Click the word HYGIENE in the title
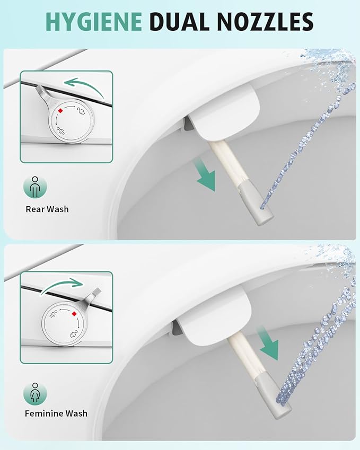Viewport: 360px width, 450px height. pos(93,21)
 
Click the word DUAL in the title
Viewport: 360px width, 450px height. pos(178,21)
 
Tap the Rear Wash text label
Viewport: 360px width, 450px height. pos(47,209)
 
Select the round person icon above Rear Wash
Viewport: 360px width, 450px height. pos(35,187)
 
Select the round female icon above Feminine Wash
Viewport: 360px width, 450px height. pos(35,393)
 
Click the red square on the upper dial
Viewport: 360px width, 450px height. pos(61,110)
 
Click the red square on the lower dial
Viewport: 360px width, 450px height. pos(74,313)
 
